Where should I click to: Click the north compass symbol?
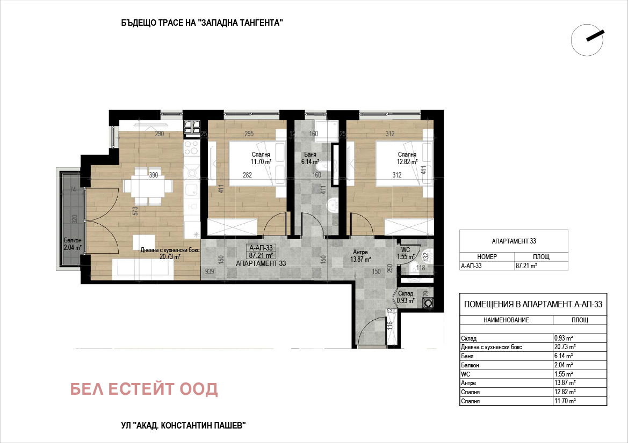pyautogui.click(x=587, y=40)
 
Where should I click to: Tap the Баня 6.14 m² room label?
pyautogui.click(x=310, y=158)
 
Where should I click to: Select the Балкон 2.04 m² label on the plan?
pyautogui.click(x=73, y=244)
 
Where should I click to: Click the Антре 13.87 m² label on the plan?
pyautogui.click(x=360, y=256)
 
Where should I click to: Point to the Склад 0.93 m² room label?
pyautogui.click(x=405, y=297)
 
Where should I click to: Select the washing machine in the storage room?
pyautogui.click(x=428, y=303)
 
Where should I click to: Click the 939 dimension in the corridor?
pyautogui.click(x=209, y=271)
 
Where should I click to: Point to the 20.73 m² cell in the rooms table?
pyautogui.click(x=565, y=347)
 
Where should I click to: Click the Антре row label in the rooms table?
pyautogui.click(x=468, y=383)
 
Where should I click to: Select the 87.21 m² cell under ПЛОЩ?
pyautogui.click(x=526, y=265)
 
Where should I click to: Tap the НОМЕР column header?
pyautogui.click(x=487, y=257)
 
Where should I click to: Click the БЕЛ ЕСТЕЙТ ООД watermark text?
pyautogui.click(x=144, y=389)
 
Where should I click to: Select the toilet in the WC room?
pyautogui.click(x=426, y=254)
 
